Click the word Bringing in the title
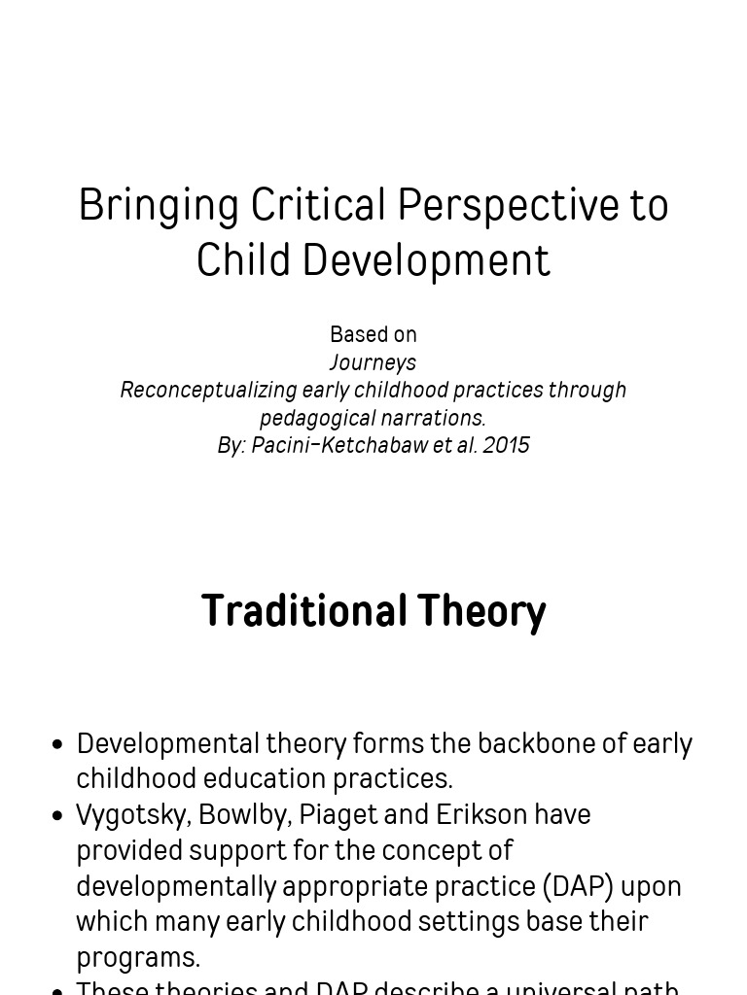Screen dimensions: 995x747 [159, 206]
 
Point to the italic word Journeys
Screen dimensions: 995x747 [373, 362]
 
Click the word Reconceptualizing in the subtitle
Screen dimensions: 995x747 [208, 390]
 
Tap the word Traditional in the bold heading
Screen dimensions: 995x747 [303, 611]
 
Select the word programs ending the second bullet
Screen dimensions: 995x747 [137, 957]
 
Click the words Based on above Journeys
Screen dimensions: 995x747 [373, 334]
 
